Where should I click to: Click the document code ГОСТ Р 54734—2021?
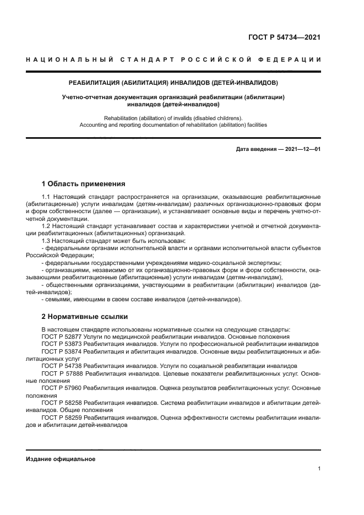tap(284, 38)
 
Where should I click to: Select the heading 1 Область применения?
tap(84, 183)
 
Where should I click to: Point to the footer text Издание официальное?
tap(61, 459)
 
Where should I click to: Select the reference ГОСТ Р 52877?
tap(62, 337)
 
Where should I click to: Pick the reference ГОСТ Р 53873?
tap(62, 344)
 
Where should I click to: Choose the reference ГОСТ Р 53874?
tap(62, 351)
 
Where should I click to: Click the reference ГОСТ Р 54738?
tap(62, 365)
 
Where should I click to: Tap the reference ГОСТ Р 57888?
tap(62, 373)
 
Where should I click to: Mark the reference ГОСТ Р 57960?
tap(62, 387)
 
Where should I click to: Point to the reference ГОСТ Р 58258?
tap(62, 403)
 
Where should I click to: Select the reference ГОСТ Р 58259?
tap(62, 418)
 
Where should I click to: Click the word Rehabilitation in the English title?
tap(121, 118)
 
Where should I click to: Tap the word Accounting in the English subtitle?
tap(94, 125)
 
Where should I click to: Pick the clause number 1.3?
tap(46, 241)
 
